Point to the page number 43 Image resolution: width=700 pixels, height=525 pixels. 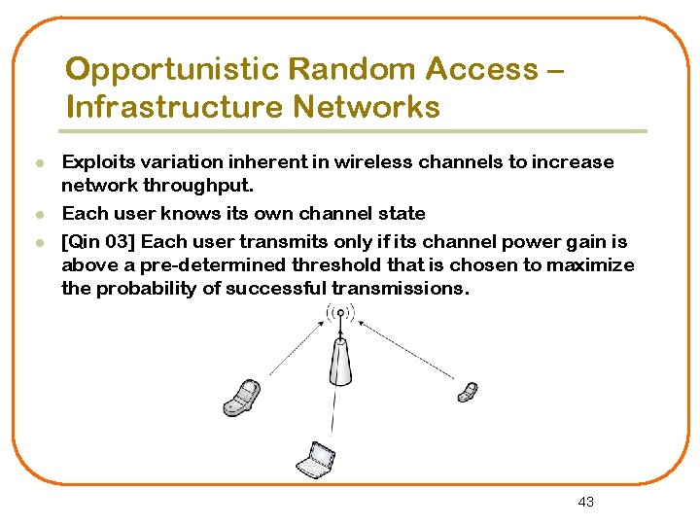tap(585, 502)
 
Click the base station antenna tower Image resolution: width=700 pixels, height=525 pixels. tap(340, 360)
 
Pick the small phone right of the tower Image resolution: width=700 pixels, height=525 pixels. tap(468, 392)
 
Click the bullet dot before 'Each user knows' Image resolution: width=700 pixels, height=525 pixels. tap(38, 214)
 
